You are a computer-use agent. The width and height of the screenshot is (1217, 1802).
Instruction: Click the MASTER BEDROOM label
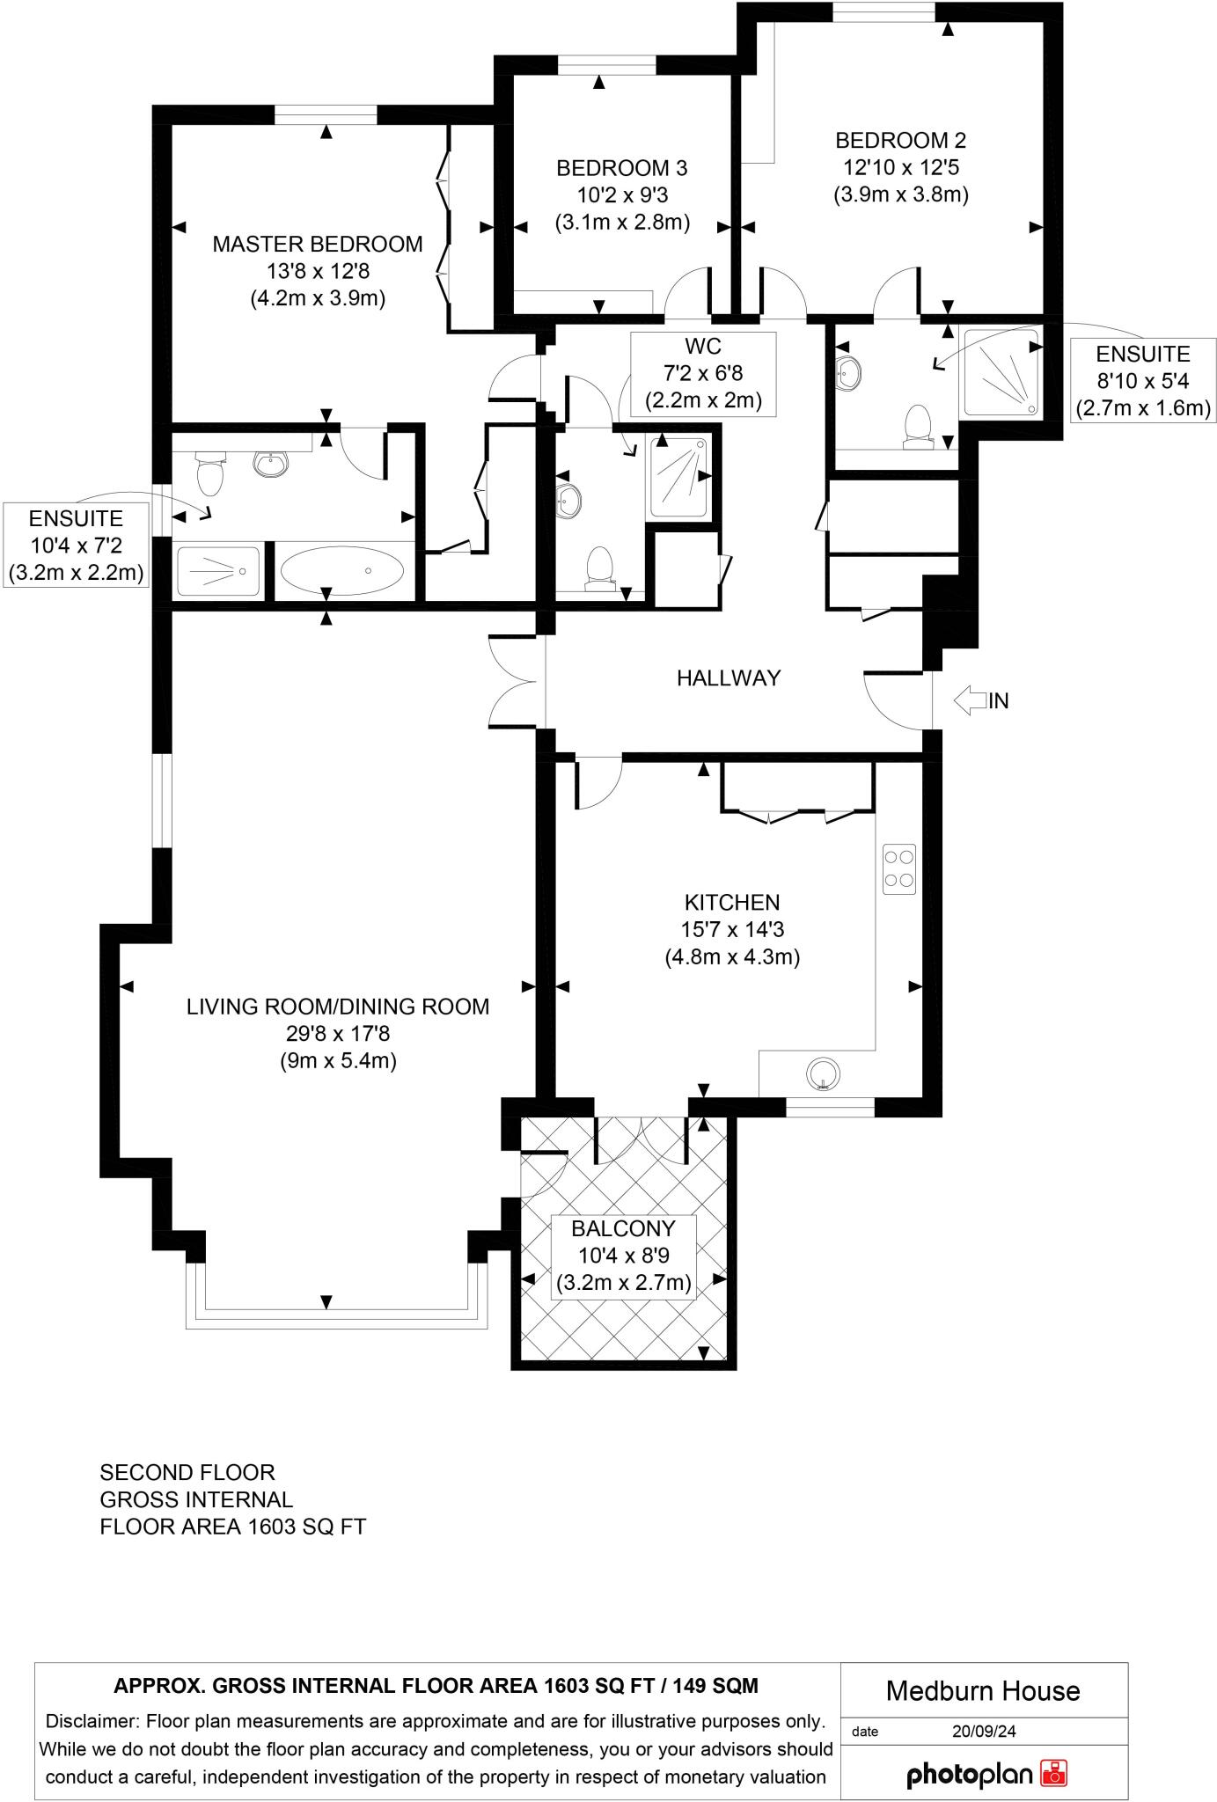[317, 244]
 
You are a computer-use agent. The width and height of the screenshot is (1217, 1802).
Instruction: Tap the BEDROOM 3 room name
[621, 167]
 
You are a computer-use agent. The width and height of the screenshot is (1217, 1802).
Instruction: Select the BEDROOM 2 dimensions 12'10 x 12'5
[900, 167]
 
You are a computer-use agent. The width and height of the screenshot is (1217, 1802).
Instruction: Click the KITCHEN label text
[732, 902]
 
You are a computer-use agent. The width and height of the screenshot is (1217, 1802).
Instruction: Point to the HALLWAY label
[729, 678]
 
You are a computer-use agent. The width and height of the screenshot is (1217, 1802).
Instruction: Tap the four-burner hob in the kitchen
[898, 868]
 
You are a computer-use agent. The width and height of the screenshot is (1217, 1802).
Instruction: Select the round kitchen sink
[823, 1073]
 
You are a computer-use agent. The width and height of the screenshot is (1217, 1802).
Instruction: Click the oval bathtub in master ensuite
[342, 572]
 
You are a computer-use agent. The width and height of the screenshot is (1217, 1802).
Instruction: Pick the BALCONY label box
[623, 1256]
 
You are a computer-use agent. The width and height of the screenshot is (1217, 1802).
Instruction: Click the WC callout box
[703, 373]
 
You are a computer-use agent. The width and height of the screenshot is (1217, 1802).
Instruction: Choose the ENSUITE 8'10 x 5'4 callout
[1142, 381]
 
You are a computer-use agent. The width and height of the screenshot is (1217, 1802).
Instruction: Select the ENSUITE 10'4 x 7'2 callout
[76, 546]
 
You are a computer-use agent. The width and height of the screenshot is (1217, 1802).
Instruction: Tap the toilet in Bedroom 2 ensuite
[919, 425]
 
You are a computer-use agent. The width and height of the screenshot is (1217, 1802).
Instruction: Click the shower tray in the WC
[678, 476]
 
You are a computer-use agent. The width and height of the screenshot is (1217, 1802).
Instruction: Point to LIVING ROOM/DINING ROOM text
[338, 1007]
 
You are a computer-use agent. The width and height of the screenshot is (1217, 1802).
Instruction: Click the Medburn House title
[983, 1690]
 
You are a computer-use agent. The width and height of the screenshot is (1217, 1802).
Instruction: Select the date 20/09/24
[983, 1731]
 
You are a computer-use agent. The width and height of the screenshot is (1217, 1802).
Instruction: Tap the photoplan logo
[986, 1773]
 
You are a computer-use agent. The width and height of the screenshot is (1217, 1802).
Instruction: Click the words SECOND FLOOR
[187, 1472]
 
